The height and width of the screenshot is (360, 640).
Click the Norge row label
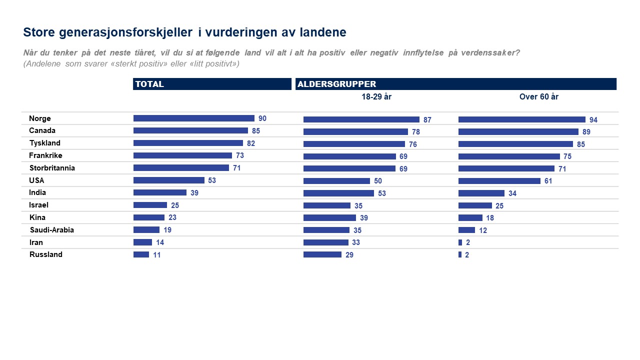40,118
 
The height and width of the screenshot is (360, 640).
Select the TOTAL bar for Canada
190,130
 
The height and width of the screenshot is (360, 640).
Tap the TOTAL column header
149,84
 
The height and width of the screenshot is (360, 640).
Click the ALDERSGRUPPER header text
337,84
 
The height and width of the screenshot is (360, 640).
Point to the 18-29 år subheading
376,97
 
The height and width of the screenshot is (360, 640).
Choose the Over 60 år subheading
538,97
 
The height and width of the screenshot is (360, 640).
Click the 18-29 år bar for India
338,193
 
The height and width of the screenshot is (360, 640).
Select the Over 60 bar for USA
499,181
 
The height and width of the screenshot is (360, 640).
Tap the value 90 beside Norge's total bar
262,118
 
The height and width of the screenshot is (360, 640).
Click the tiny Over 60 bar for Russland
460,254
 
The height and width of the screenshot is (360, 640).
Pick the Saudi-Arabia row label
52,230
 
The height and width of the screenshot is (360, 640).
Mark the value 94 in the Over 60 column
593,120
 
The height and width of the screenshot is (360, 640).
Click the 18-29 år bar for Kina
329,217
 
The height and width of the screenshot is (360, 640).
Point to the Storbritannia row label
52,168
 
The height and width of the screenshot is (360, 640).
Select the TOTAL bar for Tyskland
188,143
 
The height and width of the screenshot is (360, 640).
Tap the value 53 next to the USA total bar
212,180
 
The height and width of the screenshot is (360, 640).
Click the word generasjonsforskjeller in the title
125,32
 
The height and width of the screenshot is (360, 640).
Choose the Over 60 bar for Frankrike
509,156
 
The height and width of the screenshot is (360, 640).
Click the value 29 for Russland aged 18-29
349,255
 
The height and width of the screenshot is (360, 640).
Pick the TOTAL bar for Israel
150,205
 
